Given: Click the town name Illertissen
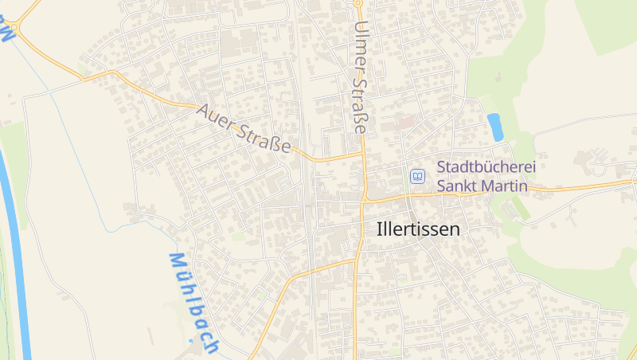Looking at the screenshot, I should [x=418, y=229].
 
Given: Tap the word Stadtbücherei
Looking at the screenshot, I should [x=486, y=168].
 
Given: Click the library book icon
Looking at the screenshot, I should [x=416, y=176].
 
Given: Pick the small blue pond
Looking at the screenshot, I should [x=495, y=127].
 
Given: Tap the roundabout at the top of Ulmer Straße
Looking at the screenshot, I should [x=358, y=3].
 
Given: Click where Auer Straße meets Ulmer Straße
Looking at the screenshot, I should [x=363, y=154].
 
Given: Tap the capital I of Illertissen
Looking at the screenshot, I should [x=379, y=229].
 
